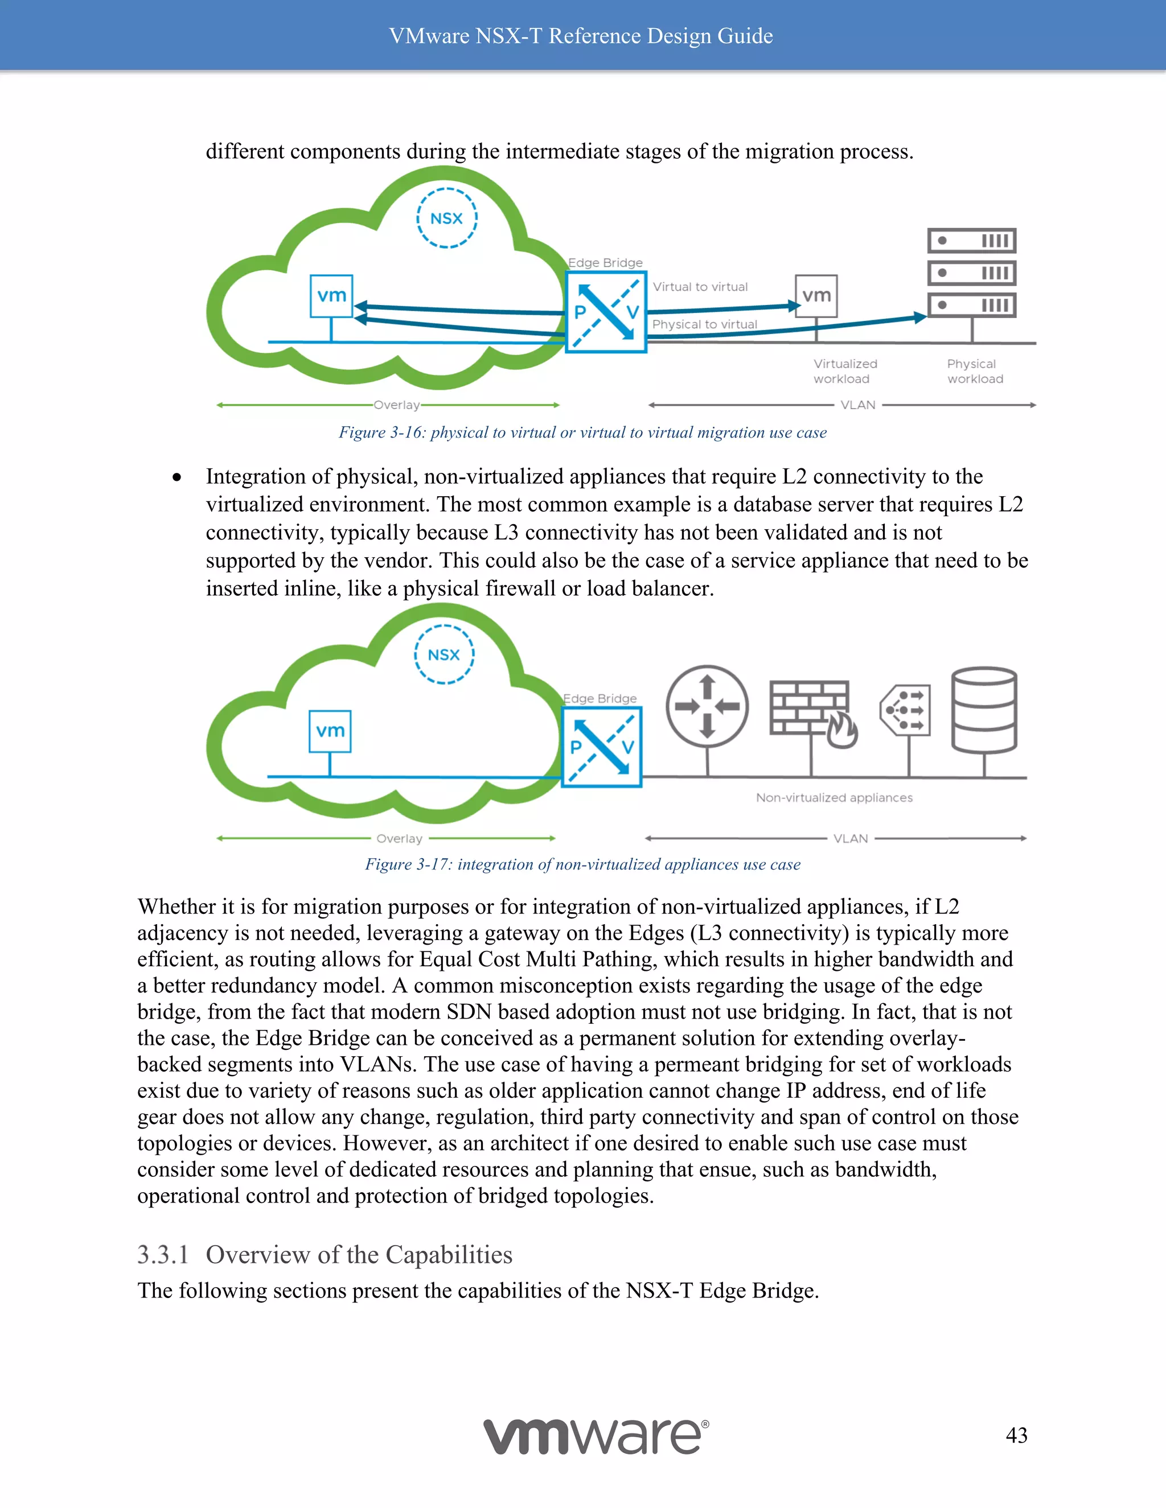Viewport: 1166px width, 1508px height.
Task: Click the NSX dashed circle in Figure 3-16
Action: [x=446, y=218]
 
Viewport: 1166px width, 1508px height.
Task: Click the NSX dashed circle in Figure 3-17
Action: [x=444, y=654]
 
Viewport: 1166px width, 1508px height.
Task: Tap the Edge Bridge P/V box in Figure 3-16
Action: [x=606, y=312]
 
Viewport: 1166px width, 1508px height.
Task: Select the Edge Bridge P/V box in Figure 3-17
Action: [x=602, y=747]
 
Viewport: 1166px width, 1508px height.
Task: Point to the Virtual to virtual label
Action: [x=700, y=287]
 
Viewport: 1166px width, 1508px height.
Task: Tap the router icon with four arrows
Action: [x=707, y=706]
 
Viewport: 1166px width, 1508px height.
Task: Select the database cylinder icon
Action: [x=984, y=710]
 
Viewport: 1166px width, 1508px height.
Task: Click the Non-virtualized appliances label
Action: [x=834, y=797]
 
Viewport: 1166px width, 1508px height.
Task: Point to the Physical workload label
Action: [x=975, y=372]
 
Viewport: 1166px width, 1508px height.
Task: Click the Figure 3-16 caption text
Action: [x=582, y=432]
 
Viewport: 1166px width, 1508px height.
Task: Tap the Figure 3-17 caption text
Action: [x=582, y=864]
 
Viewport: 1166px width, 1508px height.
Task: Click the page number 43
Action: [x=1016, y=1435]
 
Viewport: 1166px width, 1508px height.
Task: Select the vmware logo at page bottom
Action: [x=596, y=1436]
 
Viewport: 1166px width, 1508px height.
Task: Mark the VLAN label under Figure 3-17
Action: [x=851, y=838]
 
